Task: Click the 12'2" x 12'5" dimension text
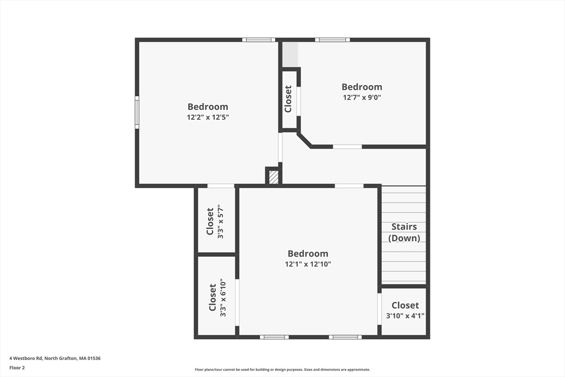click(208, 117)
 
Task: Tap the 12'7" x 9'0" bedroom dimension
click(362, 97)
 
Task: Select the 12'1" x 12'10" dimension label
click(308, 264)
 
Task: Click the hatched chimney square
click(274, 177)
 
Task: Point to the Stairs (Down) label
click(404, 232)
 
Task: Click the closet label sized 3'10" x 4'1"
click(405, 310)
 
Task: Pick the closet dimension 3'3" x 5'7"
click(221, 221)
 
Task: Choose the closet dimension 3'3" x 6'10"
click(223, 298)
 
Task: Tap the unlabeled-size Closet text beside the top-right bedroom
click(288, 99)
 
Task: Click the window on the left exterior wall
click(137, 112)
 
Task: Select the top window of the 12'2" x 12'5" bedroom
click(259, 40)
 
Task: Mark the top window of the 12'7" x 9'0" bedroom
click(332, 40)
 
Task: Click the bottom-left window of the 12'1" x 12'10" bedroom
click(274, 337)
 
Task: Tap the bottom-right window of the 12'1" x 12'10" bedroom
click(345, 337)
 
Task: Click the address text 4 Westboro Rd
click(26, 358)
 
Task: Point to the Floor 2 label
click(17, 368)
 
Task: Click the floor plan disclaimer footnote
click(282, 369)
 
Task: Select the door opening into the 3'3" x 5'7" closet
click(221, 186)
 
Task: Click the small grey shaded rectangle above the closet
click(290, 55)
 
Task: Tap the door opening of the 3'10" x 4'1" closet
click(380, 309)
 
